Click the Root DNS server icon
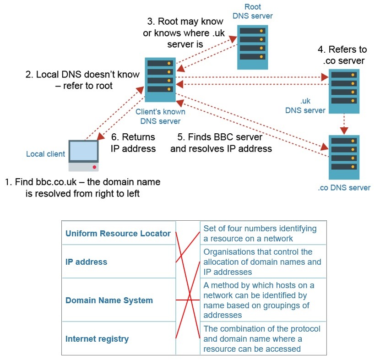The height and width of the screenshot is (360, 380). coord(253,47)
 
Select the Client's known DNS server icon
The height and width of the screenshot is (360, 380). coord(160,79)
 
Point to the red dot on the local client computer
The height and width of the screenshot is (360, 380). coord(94,167)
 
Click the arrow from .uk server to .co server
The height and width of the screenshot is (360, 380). coord(344,124)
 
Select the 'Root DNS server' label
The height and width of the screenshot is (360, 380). coord(252,12)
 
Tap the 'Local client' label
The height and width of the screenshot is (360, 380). coord(46,154)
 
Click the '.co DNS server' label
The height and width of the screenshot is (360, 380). coord(344,187)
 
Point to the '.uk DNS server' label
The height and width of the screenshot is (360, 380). coord(305,106)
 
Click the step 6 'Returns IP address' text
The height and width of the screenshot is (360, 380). coord(133,142)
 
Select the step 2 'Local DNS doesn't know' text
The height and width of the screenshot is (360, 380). coord(82,80)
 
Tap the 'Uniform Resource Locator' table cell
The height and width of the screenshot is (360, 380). coord(118,234)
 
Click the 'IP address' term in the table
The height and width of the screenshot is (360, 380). coord(87,262)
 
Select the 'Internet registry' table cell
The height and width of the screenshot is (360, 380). coord(97,339)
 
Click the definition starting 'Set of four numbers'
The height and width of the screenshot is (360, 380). coord(260,233)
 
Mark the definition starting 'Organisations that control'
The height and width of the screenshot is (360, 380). coord(262,262)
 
